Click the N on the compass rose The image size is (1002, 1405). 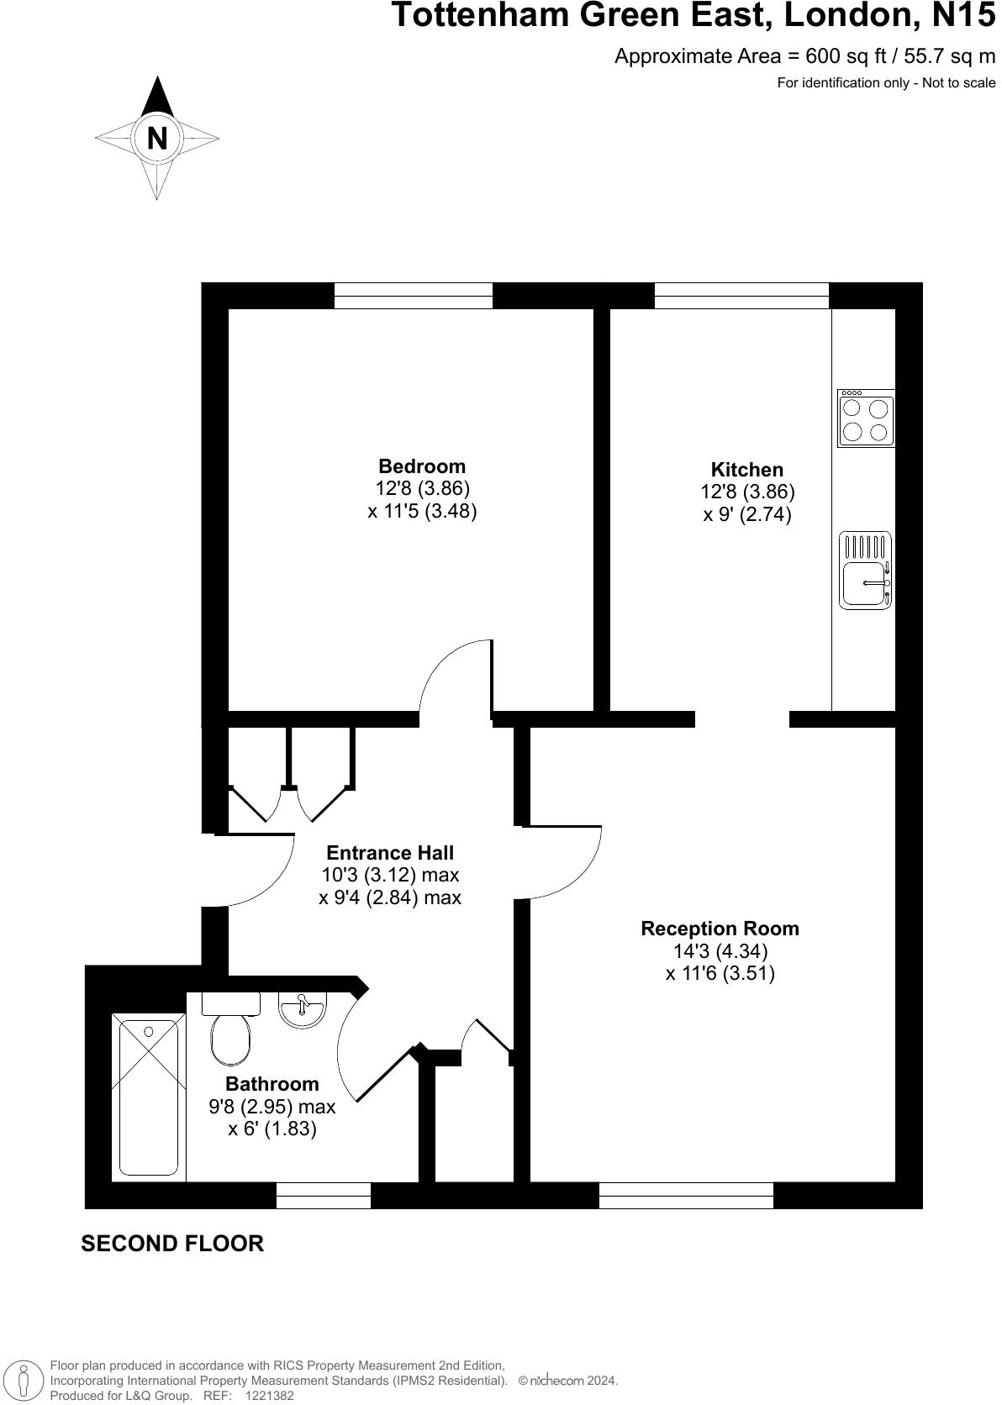(x=157, y=138)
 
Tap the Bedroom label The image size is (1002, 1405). (x=422, y=466)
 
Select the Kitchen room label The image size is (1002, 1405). (x=746, y=470)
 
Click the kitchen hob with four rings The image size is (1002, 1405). (x=866, y=418)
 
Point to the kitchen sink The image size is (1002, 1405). (x=865, y=571)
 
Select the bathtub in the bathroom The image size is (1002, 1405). (x=149, y=1097)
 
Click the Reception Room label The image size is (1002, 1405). (x=720, y=929)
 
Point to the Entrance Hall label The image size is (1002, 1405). (x=390, y=853)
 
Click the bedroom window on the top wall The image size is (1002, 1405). (x=414, y=296)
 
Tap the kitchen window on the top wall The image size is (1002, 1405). (x=741, y=296)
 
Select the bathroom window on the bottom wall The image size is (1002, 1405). (x=324, y=1195)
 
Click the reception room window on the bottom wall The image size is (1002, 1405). (x=686, y=1195)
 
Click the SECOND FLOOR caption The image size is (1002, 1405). (x=172, y=1244)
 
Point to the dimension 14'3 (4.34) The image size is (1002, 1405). (x=720, y=951)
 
